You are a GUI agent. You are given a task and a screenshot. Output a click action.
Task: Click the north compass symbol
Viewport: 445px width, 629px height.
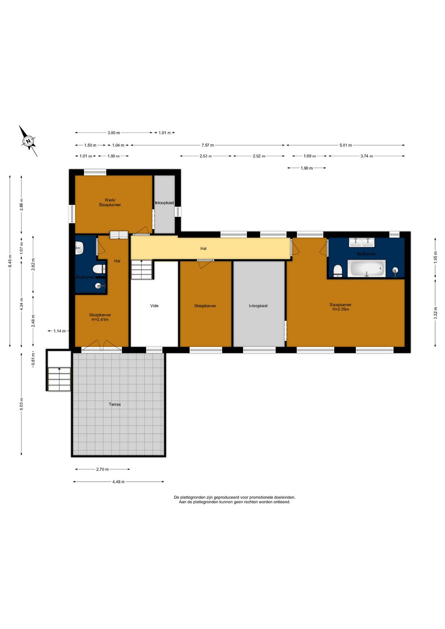(x=28, y=141)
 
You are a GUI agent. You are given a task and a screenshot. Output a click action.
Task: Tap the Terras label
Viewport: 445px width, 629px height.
(x=115, y=404)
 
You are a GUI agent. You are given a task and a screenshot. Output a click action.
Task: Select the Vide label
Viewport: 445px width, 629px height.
(x=154, y=306)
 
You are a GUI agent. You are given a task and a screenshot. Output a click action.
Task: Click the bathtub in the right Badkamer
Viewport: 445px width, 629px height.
(x=366, y=268)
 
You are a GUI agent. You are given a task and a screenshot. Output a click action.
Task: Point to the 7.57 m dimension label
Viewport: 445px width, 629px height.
(x=208, y=145)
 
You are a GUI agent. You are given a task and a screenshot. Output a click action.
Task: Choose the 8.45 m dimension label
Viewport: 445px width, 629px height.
(x=10, y=261)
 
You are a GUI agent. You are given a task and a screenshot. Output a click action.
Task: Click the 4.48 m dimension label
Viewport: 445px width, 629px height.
(x=118, y=481)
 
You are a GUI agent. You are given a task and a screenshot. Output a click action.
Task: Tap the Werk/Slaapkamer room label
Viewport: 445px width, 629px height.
(x=110, y=202)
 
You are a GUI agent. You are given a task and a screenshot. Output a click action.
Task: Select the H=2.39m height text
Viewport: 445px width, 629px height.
(x=341, y=309)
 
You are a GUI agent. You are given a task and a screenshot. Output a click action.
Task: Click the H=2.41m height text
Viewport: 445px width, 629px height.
(x=100, y=319)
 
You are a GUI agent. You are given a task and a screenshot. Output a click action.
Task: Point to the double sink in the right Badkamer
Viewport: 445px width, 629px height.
(x=361, y=242)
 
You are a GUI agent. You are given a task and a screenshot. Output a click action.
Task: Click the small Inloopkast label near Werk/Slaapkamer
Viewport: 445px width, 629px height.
(x=164, y=203)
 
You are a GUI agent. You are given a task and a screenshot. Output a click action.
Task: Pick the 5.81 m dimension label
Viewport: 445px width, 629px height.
(x=346, y=145)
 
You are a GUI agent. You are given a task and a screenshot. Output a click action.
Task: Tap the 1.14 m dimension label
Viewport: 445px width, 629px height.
(x=59, y=331)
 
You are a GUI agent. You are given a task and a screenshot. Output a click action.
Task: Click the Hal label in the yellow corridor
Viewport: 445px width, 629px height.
(x=203, y=249)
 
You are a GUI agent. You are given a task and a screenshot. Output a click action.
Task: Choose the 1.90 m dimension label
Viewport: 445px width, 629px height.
(x=307, y=168)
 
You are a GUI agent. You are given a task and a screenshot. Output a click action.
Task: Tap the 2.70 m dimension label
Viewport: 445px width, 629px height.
(x=102, y=469)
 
